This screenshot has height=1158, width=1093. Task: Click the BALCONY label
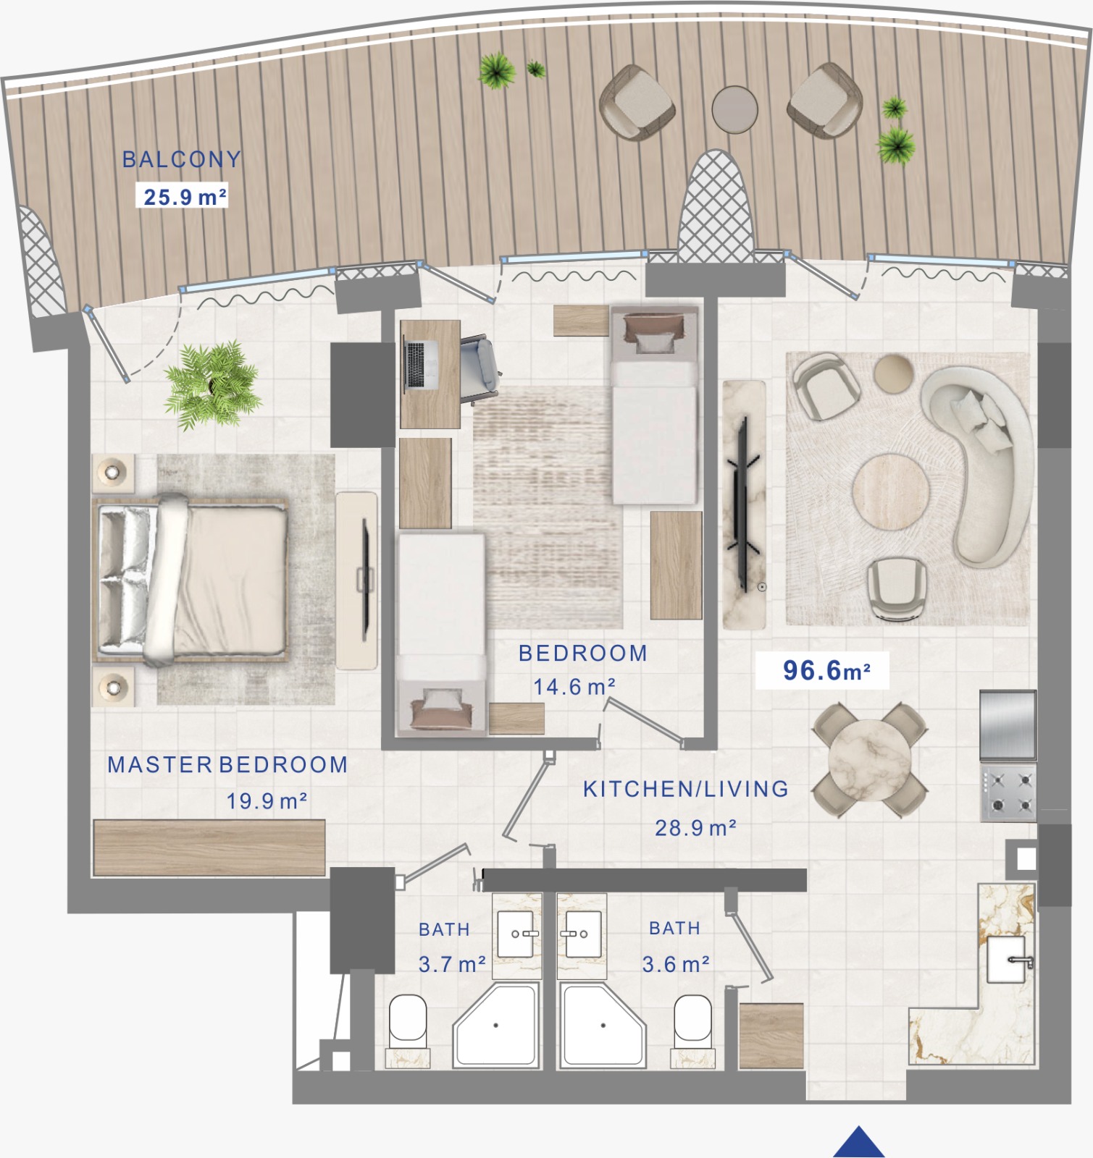click(x=181, y=159)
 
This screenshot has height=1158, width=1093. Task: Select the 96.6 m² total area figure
click(x=826, y=670)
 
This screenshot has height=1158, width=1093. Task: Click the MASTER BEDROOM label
click(x=227, y=765)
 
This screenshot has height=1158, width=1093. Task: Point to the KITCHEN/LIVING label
click(x=686, y=789)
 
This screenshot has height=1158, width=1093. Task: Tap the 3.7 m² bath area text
click(x=452, y=965)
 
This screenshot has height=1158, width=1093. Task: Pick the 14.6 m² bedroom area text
click(x=574, y=687)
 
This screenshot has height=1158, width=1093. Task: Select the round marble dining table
click(x=869, y=760)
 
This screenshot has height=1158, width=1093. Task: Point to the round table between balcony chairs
click(x=734, y=109)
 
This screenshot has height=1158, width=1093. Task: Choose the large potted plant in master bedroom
click(x=212, y=386)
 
